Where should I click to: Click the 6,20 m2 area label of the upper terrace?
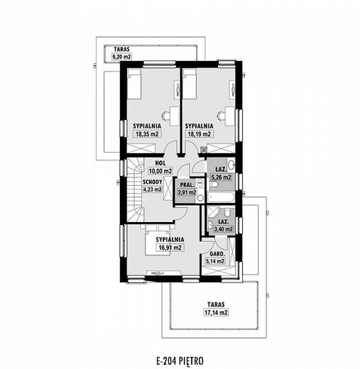point(121,57)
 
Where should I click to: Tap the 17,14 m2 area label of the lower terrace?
point(216,312)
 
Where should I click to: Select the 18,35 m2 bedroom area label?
point(147,134)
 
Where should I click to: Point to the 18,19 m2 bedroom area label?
point(200,134)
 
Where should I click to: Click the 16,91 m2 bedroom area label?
point(169,248)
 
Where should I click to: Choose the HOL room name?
point(160,163)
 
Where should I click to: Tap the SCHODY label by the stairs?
point(153,182)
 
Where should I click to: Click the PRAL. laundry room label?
point(187,185)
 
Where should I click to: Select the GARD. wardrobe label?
point(217,254)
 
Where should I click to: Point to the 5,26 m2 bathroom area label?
point(222,177)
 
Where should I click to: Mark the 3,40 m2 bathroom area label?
point(224,229)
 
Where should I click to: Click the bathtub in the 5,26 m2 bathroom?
point(222,197)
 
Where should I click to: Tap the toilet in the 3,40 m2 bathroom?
point(227,212)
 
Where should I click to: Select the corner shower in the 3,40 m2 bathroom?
point(213,212)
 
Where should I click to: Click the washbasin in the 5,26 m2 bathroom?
point(231,165)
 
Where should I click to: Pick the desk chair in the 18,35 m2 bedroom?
point(165,116)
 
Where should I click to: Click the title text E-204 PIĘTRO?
point(180,361)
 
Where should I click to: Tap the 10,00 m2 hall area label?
point(160,171)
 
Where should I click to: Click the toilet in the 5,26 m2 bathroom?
point(215,185)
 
